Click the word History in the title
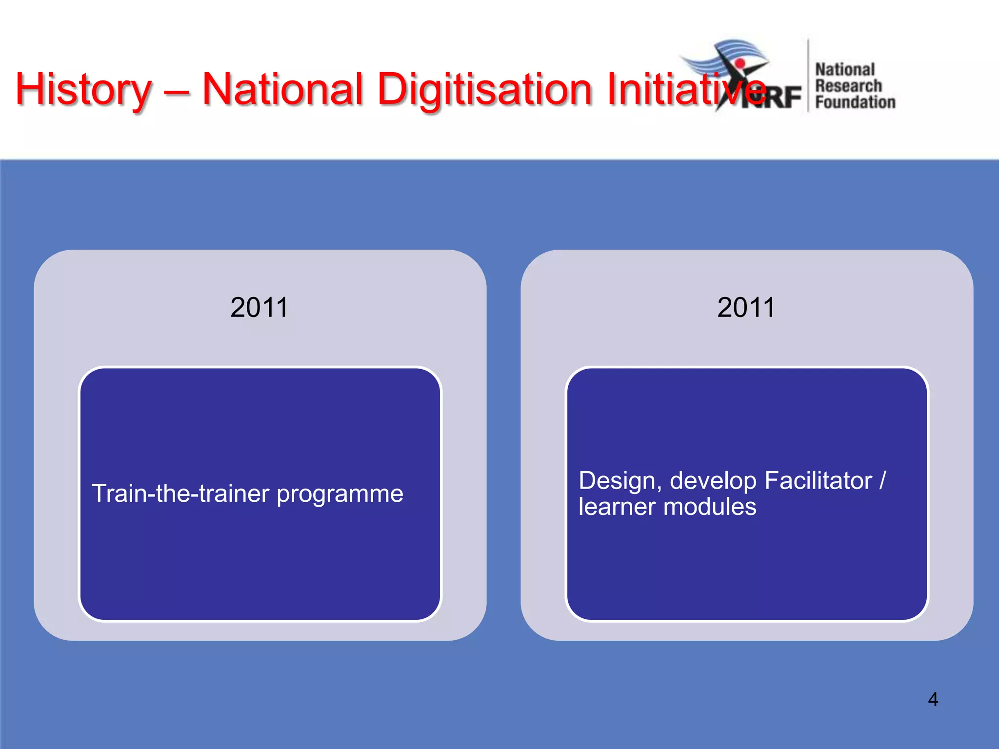pyautogui.click(x=83, y=89)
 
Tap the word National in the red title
pyautogui.click(x=282, y=89)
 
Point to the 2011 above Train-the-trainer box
pyautogui.click(x=259, y=308)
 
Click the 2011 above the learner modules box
pyautogui.click(x=746, y=308)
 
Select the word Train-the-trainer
pyautogui.click(x=180, y=493)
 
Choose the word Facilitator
pyautogui.click(x=818, y=480)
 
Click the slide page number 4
pyautogui.click(x=933, y=699)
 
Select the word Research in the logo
pyautogui.click(x=848, y=86)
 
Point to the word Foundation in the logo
pyautogui.click(x=855, y=102)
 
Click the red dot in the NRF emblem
pyautogui.click(x=740, y=64)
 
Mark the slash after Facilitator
pyautogui.click(x=882, y=480)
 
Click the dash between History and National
pyautogui.click(x=177, y=91)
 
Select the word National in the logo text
pyautogui.click(x=845, y=70)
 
